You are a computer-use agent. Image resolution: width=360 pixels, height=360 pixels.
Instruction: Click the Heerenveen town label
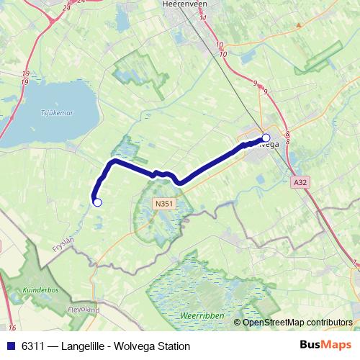(x=184, y=4)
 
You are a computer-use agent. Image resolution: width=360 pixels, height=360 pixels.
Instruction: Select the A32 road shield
(x=300, y=183)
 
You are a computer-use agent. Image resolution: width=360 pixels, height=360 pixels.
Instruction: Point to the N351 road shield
(x=163, y=204)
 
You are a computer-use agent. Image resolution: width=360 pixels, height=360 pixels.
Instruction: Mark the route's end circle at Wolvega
(x=266, y=138)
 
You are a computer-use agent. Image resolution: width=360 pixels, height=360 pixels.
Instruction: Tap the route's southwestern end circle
(x=98, y=202)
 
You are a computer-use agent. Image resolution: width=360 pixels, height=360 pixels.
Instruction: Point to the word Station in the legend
(x=172, y=346)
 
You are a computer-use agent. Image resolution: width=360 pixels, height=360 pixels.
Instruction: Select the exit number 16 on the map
(x=12, y=328)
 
